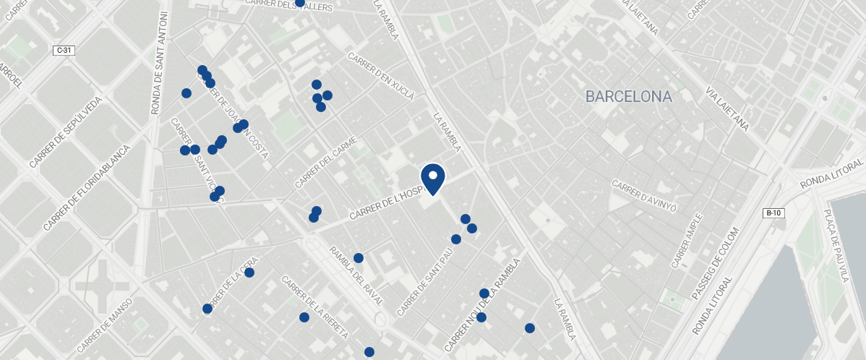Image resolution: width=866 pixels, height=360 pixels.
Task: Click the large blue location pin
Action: coord(432,178)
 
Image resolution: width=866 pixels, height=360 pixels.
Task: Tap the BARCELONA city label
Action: coord(628,96)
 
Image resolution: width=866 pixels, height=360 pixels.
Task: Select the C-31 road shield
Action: coord(64,50)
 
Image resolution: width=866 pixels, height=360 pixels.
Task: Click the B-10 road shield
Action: coord(773,213)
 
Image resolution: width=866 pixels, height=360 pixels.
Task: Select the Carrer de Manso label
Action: coord(104,326)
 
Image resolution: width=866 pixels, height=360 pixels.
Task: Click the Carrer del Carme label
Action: coord(326,163)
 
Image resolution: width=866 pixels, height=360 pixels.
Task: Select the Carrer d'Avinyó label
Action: coord(644,197)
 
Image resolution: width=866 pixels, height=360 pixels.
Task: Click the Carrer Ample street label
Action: coord(687,241)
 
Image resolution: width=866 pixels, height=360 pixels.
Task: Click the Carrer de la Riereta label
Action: coord(315,308)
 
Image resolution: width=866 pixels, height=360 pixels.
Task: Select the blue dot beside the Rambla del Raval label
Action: coord(359,258)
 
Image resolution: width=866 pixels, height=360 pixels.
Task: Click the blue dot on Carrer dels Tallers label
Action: coord(300,3)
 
